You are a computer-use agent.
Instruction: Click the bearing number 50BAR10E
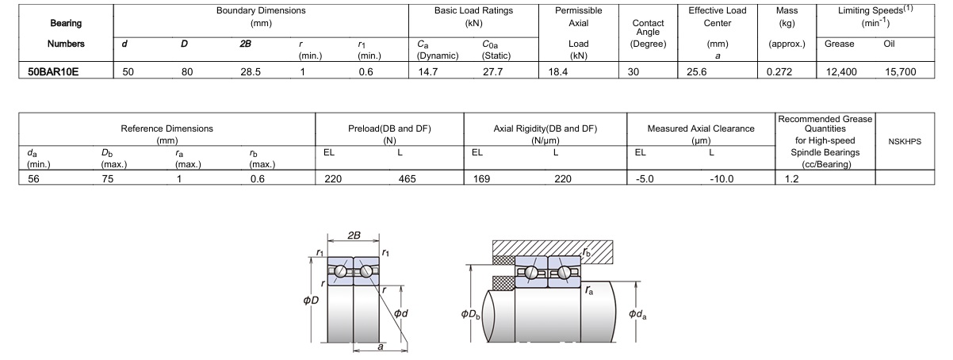pos(52,71)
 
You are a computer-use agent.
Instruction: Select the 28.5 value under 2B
pos(251,71)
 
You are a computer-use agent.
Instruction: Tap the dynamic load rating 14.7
pos(427,71)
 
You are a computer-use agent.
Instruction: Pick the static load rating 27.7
pos(493,71)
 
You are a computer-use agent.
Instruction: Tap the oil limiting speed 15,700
pos(900,71)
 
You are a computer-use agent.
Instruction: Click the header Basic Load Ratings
pos(473,11)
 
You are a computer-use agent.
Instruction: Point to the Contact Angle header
pos(649,28)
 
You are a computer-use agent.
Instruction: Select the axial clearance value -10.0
pos(722,179)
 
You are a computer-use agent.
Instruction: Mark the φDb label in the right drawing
pos(470,315)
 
